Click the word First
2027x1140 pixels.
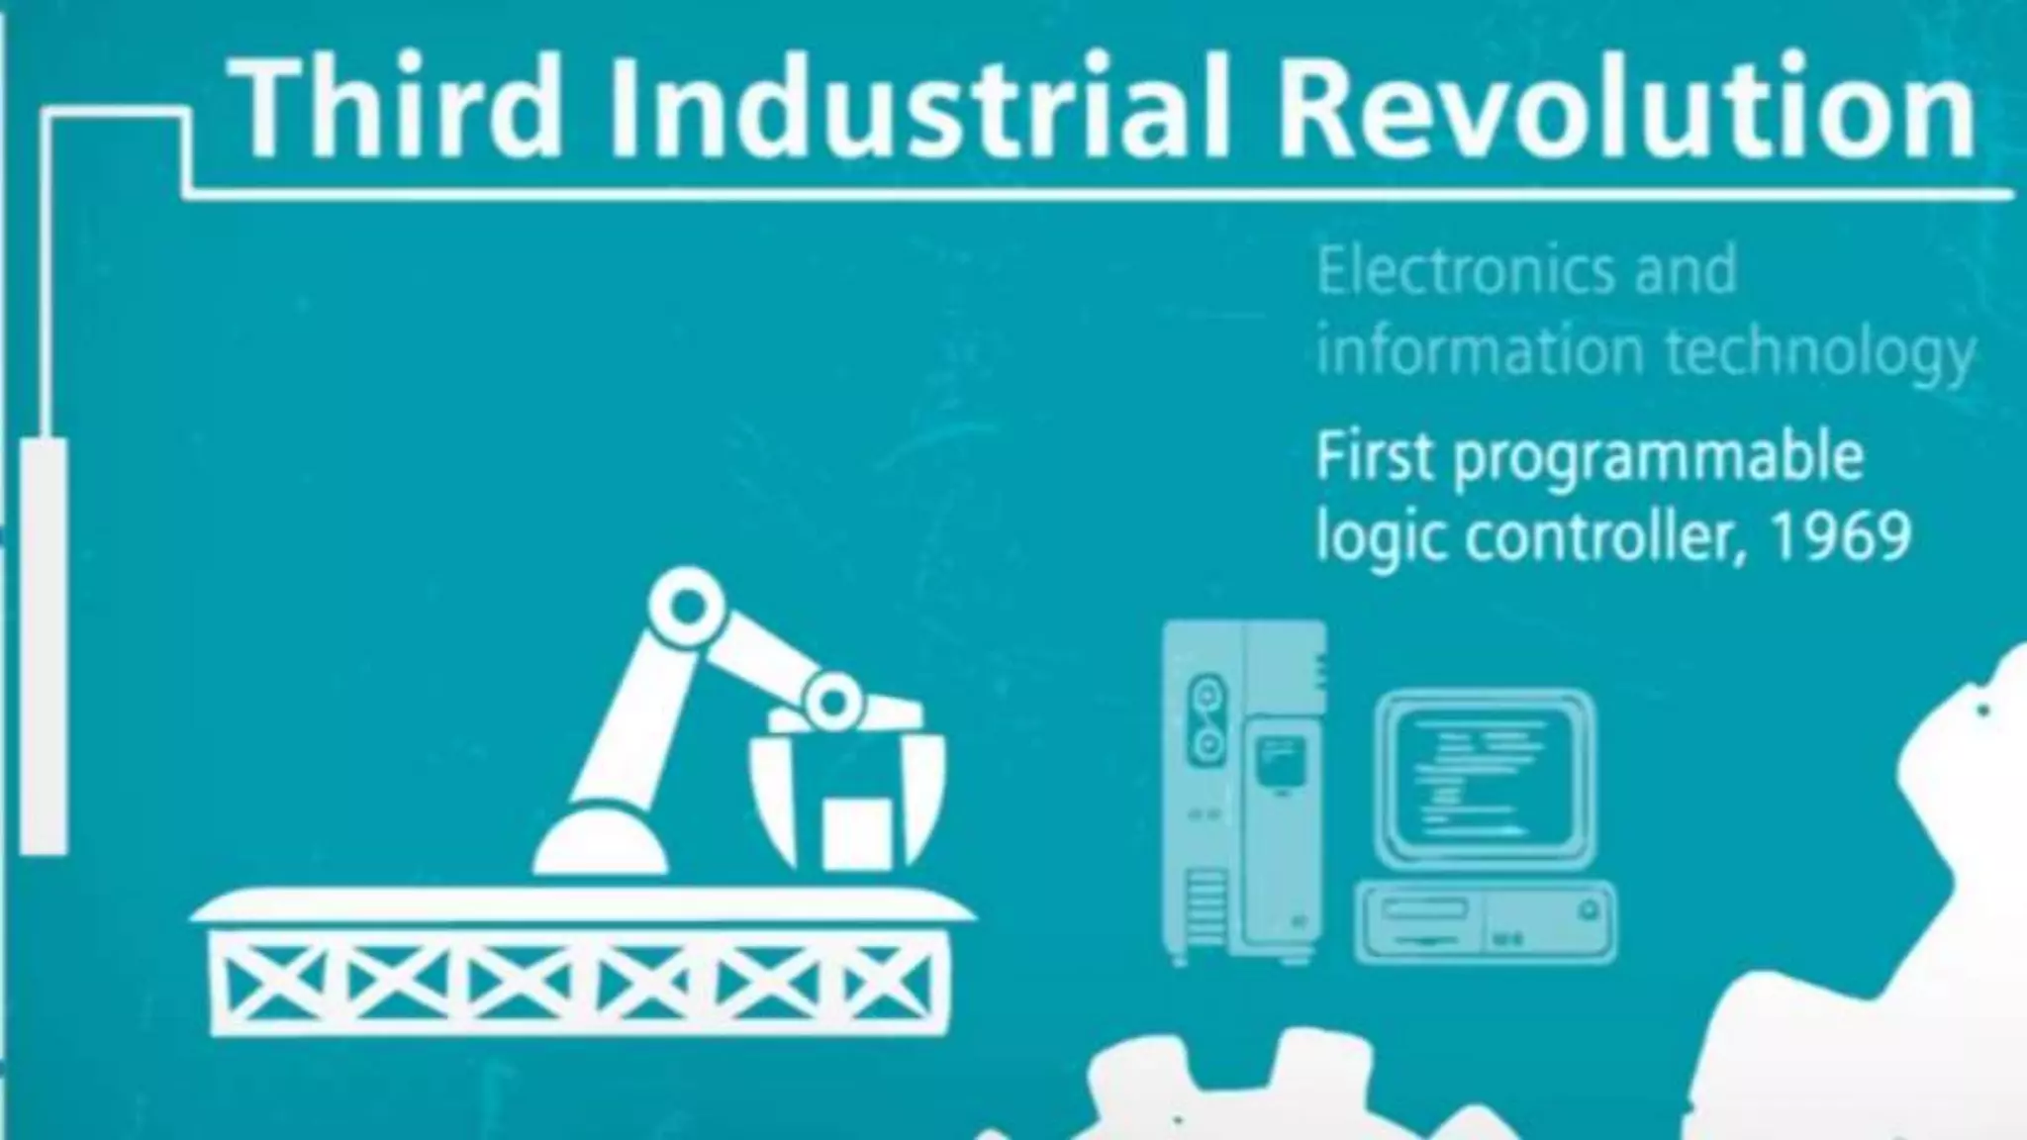(1375, 457)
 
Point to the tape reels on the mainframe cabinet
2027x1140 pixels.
(1206, 717)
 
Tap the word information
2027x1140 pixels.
(1481, 352)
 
